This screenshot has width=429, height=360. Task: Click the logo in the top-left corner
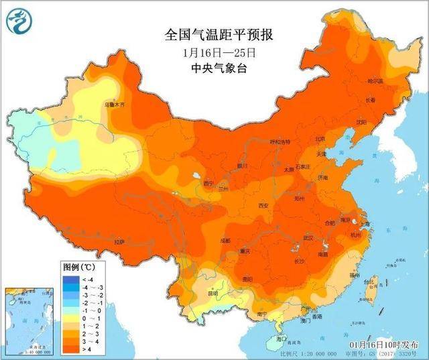point(18,23)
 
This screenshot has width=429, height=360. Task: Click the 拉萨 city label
point(119,241)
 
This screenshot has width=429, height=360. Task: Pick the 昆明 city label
point(212,293)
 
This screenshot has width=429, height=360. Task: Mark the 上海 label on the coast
point(365,224)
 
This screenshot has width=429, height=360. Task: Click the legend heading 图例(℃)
point(78,267)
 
